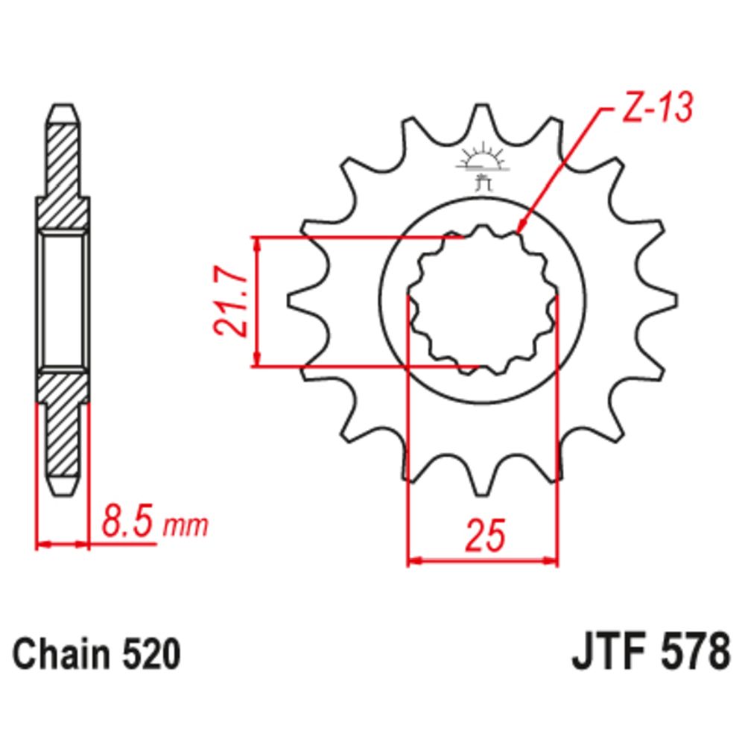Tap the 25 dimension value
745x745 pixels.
click(x=485, y=536)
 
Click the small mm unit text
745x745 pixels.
click(x=186, y=526)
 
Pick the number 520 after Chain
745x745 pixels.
click(x=151, y=654)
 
